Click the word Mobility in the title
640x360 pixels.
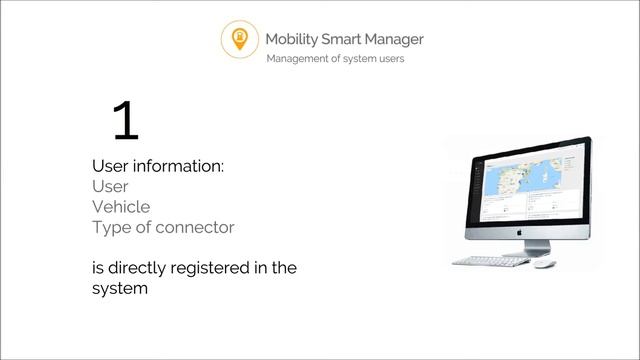click(292, 39)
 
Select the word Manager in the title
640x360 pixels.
click(397, 39)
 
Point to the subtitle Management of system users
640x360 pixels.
click(335, 59)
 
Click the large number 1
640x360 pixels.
click(125, 121)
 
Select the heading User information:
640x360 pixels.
click(158, 166)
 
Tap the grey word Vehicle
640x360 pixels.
click(121, 207)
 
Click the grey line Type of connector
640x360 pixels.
click(163, 227)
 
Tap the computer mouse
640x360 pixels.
click(543, 264)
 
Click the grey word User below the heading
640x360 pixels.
click(110, 186)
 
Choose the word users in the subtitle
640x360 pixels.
click(388, 59)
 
